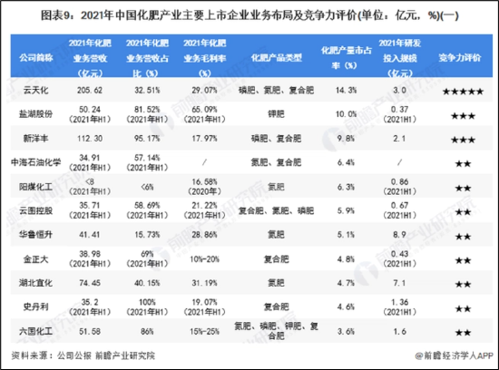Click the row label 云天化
pyautogui.click(x=34, y=92)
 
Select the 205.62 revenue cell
pyautogui.click(x=90, y=92)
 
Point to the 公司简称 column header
pyautogui.click(x=34, y=56)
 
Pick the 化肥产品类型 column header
pyautogui.click(x=278, y=56)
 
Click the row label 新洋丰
pyautogui.click(x=34, y=140)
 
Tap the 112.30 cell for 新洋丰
pyautogui.click(x=90, y=140)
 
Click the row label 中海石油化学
pyautogui.click(x=34, y=163)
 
